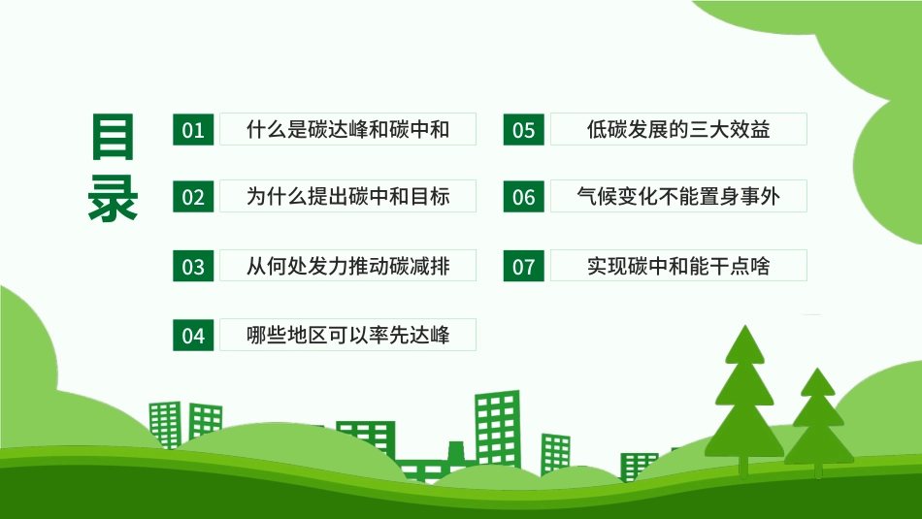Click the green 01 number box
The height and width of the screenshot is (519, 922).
point(194,130)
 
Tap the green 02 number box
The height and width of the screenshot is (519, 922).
point(194,197)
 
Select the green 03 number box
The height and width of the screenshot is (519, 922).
point(194,266)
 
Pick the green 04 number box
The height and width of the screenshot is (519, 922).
point(194,336)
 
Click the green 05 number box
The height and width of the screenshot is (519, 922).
point(523,130)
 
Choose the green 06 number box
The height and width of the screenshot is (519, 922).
point(523,197)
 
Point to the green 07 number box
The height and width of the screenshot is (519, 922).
point(523,266)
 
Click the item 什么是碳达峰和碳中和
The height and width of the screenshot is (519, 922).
point(348,129)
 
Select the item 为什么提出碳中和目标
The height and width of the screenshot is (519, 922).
point(348,196)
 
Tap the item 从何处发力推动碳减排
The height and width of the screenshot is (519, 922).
point(348,265)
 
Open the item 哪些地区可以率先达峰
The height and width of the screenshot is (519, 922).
point(348,335)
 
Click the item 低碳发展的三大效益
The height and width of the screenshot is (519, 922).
point(678,129)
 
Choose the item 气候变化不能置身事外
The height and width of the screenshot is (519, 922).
point(678,196)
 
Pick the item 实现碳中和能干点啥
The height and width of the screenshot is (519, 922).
point(678,265)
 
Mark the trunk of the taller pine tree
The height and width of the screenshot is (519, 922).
point(744,465)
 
